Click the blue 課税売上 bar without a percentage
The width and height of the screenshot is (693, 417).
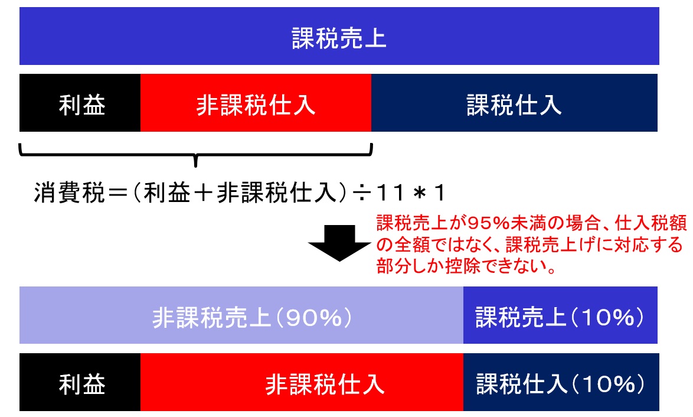[x=339, y=36]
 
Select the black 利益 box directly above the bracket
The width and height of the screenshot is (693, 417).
[x=80, y=103]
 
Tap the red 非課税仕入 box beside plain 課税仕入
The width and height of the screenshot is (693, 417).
[x=256, y=103]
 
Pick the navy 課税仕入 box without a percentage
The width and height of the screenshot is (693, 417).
[x=515, y=103]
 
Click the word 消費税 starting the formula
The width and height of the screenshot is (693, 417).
[x=70, y=193]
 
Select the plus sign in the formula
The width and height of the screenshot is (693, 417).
[x=203, y=193]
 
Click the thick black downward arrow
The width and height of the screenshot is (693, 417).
[x=339, y=243]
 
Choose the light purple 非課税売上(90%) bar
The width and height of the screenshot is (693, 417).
[x=241, y=315]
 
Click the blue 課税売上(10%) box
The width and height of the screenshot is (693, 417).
[x=560, y=315]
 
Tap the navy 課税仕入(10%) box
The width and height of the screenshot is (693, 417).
[x=561, y=382]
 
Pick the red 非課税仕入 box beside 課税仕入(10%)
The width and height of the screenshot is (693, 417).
[x=302, y=382]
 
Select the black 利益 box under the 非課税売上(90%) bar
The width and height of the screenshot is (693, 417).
[x=80, y=382]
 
